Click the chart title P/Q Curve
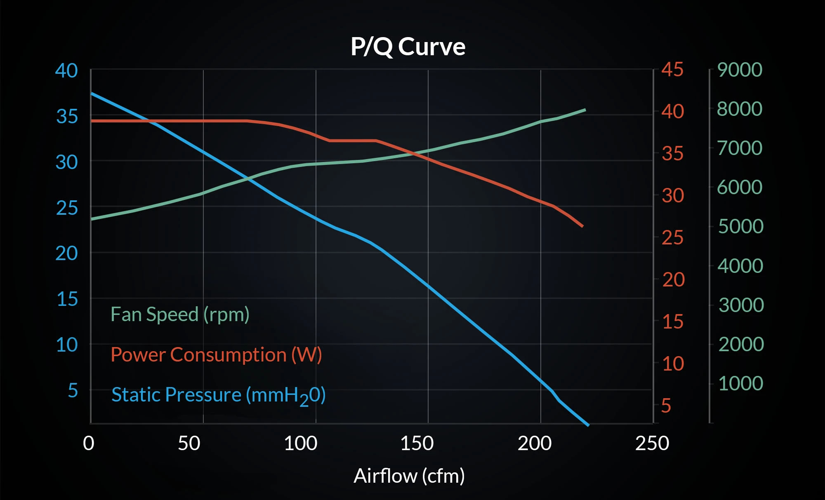tap(408, 46)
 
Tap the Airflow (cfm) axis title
tap(409, 476)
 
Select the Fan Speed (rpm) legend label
tap(180, 315)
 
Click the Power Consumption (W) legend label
tap(216, 355)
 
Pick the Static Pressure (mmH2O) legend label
tap(218, 395)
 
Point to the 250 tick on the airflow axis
tap(652, 444)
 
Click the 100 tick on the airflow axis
tap(301, 444)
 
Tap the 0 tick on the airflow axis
tap(89, 444)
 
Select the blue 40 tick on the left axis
tap(66, 71)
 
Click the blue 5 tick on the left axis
tap(73, 390)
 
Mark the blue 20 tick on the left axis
tap(66, 254)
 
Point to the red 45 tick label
tap(672, 70)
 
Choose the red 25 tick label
tap(672, 238)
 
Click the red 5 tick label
tap(666, 406)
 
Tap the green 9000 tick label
tap(740, 70)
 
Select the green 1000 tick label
tap(740, 383)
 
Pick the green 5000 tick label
tap(740, 226)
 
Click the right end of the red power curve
tap(582, 226)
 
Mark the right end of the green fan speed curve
tap(585, 110)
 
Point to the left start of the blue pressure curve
tap(92, 94)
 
